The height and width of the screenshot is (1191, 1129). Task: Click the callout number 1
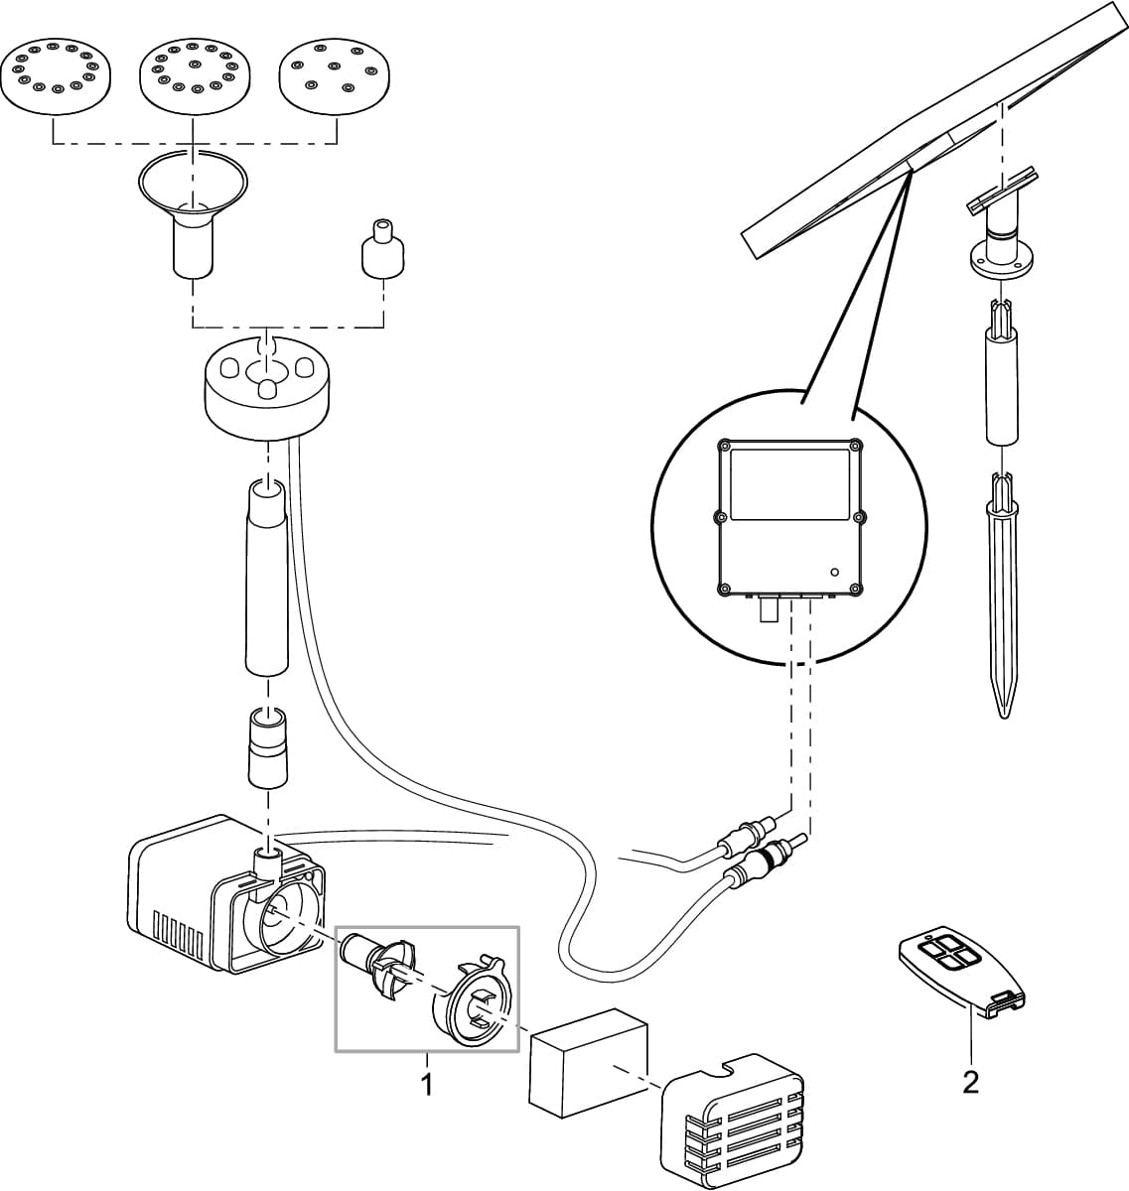(427, 1084)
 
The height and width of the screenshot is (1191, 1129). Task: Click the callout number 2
(970, 1081)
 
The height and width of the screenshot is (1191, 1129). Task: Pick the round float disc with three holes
(266, 389)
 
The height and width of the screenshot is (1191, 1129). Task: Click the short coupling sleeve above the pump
(266, 746)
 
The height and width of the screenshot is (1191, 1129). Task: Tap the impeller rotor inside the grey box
(375, 962)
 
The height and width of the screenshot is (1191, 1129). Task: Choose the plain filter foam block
(588, 1062)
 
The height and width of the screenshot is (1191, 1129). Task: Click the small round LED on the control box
(835, 572)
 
